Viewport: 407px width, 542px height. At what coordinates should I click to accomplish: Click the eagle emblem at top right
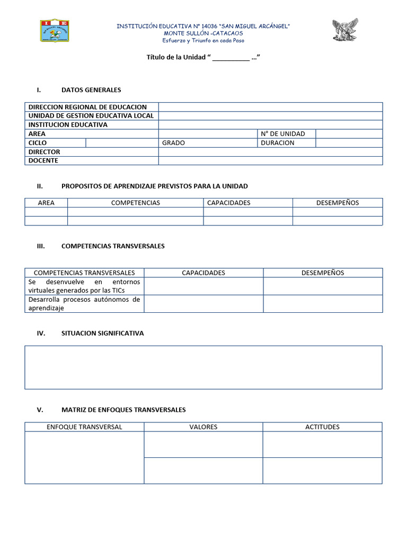(345, 30)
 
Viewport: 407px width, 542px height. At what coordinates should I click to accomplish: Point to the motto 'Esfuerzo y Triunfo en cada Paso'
(203, 40)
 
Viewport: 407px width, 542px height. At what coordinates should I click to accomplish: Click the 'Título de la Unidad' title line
(203, 57)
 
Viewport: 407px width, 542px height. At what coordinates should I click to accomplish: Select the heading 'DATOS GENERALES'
(91, 90)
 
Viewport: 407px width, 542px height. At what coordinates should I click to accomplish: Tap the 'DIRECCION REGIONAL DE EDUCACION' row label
(87, 107)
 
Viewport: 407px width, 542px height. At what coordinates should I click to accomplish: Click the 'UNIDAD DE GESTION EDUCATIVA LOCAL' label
(91, 116)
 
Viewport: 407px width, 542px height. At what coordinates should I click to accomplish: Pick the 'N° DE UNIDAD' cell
(283, 134)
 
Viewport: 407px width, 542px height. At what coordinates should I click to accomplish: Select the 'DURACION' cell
(278, 143)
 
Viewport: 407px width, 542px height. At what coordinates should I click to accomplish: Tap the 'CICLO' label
(38, 143)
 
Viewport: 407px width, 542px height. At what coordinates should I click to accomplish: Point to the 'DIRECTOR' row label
(45, 152)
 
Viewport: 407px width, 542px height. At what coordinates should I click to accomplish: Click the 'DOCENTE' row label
(43, 160)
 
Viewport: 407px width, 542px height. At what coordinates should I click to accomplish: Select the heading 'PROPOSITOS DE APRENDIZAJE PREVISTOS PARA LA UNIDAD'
(154, 186)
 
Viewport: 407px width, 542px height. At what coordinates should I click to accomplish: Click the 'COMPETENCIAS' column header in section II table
(135, 203)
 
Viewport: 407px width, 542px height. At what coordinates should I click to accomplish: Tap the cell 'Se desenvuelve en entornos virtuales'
(84, 286)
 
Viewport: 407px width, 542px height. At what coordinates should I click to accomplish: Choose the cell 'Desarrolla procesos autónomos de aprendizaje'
(84, 303)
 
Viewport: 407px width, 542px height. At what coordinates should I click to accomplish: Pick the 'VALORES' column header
(203, 427)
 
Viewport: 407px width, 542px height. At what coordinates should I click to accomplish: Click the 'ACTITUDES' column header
(322, 427)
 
